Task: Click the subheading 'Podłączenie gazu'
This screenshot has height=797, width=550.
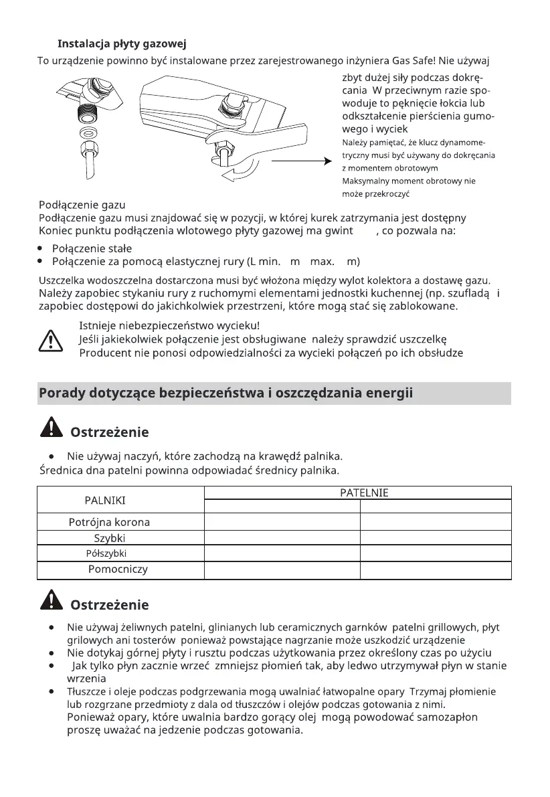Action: pos(82,205)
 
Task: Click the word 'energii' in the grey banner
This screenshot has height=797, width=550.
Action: pos(389,393)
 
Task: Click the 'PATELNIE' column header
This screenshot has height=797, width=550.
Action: pos(364,493)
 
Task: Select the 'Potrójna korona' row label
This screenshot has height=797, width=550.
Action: pos(110,523)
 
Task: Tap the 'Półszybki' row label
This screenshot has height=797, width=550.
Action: pos(106,554)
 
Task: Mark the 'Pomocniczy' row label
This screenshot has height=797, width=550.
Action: pos(118,569)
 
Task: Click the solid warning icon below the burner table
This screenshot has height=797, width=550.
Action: pos(51,603)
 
